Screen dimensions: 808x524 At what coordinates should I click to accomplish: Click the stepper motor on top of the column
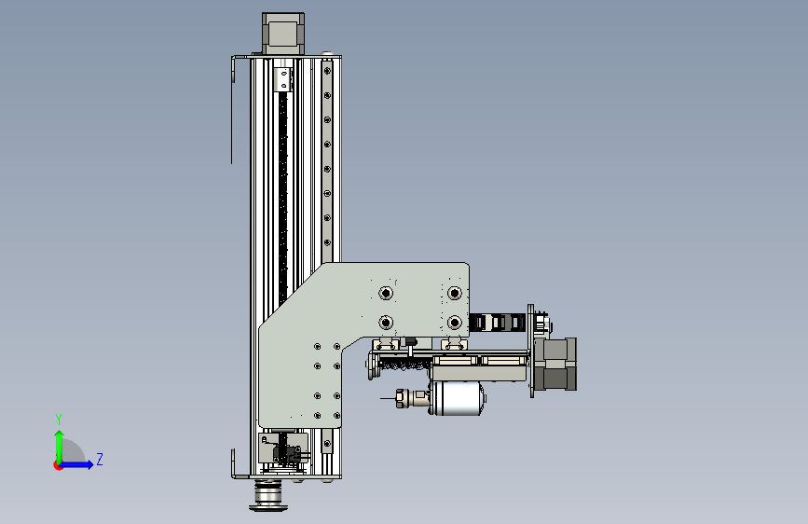point(283,33)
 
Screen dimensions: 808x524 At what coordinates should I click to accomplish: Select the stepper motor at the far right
point(555,365)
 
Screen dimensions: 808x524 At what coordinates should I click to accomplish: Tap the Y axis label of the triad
point(59,420)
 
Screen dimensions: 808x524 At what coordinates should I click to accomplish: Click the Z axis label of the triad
point(100,459)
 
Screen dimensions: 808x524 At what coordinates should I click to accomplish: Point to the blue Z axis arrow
point(76,464)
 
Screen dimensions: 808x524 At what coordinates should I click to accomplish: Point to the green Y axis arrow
point(60,447)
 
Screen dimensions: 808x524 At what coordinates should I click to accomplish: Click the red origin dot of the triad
point(57,465)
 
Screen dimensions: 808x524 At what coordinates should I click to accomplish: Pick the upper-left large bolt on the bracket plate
point(386,293)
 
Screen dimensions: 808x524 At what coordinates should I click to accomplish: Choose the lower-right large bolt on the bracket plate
point(454,323)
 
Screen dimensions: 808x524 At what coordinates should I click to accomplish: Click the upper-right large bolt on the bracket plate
point(454,293)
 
